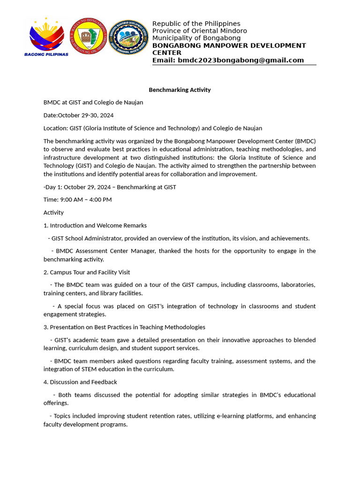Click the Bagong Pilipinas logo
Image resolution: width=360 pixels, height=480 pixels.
[46, 37]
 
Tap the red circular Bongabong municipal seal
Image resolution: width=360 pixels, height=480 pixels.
[88, 36]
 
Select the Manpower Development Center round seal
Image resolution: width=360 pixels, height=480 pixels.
[128, 37]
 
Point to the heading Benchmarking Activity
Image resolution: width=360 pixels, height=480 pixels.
[180, 90]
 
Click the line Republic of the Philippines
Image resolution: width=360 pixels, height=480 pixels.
[196, 23]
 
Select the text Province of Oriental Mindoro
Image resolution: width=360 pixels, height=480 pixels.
[199, 31]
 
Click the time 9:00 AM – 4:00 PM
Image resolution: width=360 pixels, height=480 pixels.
[86, 200]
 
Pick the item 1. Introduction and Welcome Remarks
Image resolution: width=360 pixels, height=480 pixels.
[95, 225]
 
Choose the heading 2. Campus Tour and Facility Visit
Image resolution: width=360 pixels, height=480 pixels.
[87, 272]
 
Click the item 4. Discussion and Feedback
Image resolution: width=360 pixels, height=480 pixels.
[80, 382]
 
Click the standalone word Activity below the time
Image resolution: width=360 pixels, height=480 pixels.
[53, 212]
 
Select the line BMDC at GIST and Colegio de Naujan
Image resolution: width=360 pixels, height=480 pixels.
[93, 102]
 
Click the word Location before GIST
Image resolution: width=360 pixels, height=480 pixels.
[55, 128]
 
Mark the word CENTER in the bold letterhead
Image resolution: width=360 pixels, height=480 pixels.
[166, 53]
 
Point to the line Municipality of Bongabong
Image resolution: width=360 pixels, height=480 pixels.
[196, 38]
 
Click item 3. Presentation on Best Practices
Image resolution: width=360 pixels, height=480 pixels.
[124, 327]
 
